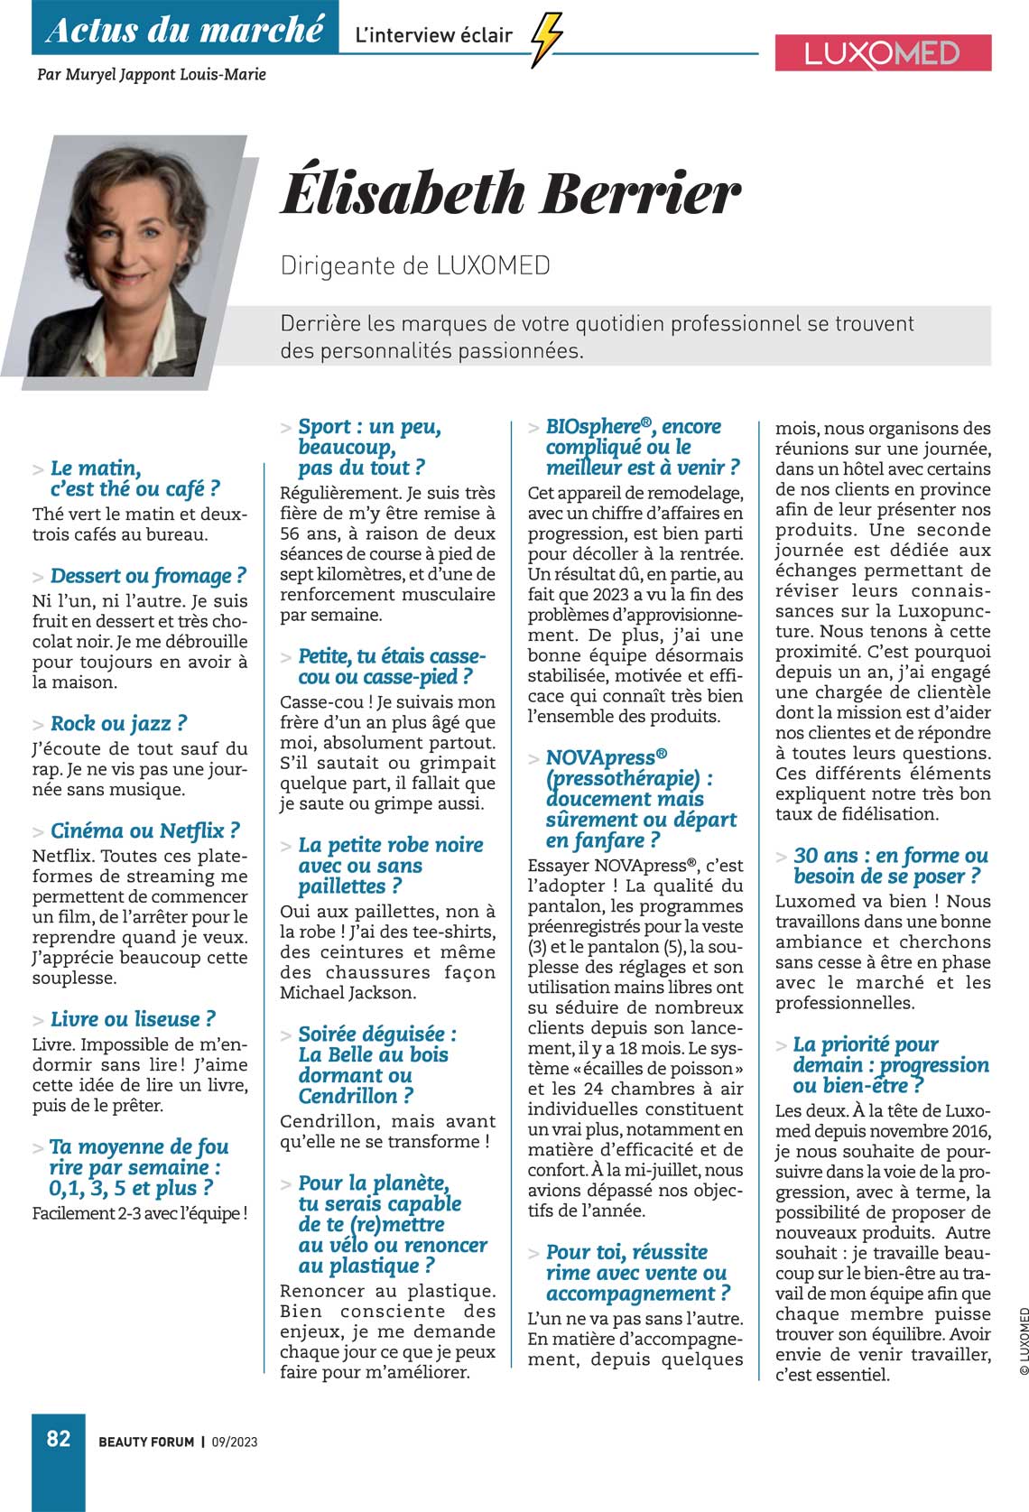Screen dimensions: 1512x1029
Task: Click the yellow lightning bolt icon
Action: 546,39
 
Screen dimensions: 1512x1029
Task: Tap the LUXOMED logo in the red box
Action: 883,53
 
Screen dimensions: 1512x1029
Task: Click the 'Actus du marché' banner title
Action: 185,29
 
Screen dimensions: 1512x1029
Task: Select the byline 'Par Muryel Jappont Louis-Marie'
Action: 152,74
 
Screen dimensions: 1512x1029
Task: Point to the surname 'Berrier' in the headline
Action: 640,192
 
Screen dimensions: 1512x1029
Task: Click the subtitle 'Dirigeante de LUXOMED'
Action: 415,265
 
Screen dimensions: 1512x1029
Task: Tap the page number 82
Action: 59,1438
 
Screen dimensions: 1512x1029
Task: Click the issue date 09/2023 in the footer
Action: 235,1442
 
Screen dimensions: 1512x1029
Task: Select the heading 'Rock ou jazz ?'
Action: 118,723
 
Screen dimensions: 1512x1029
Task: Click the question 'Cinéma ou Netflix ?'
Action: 145,830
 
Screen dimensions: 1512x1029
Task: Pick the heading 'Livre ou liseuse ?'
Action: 133,1019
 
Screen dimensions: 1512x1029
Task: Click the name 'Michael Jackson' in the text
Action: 348,992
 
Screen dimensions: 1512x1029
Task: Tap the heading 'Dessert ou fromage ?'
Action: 148,576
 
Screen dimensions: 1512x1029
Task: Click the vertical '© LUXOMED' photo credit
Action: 1023,1340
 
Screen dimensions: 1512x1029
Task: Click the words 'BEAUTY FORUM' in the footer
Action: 146,1442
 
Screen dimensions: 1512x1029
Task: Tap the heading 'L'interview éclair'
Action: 434,36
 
